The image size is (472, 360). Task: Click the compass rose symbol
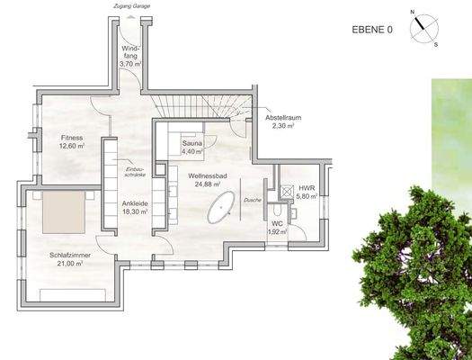(x=423, y=29)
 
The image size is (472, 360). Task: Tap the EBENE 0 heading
(x=371, y=29)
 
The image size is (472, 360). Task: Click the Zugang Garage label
(x=130, y=5)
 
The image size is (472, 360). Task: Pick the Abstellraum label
(x=282, y=119)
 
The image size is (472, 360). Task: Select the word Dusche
(x=253, y=200)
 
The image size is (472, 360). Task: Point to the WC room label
(x=277, y=225)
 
